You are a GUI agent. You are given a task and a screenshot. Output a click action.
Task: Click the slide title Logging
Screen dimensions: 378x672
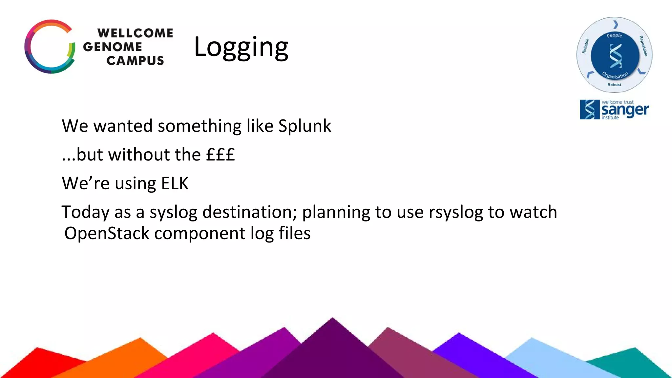pos(241,48)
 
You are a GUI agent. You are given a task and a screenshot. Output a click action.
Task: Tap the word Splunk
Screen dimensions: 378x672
pos(304,126)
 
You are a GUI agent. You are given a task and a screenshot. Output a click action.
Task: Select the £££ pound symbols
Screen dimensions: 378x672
pos(220,155)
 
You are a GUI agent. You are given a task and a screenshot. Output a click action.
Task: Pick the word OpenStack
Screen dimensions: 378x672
pos(107,233)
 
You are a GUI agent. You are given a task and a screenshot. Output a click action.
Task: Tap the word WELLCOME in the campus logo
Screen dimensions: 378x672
pos(135,33)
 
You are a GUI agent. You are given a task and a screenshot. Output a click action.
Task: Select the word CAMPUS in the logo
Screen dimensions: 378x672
pos(135,61)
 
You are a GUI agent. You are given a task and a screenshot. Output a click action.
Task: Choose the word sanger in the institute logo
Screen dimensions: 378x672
pos(625,110)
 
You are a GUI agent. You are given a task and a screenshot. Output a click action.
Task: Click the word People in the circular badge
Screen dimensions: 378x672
pos(614,35)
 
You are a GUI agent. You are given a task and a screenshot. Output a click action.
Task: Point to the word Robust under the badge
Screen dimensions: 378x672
pos(614,85)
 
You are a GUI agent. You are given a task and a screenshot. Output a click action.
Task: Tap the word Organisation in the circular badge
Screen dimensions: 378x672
pos(615,75)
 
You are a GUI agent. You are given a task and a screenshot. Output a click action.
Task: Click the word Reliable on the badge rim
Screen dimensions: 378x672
pos(585,46)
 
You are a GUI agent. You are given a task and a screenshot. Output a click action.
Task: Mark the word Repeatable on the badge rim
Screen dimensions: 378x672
pos(643,46)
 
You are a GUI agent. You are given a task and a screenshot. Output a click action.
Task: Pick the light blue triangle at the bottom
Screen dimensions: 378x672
pos(541,358)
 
